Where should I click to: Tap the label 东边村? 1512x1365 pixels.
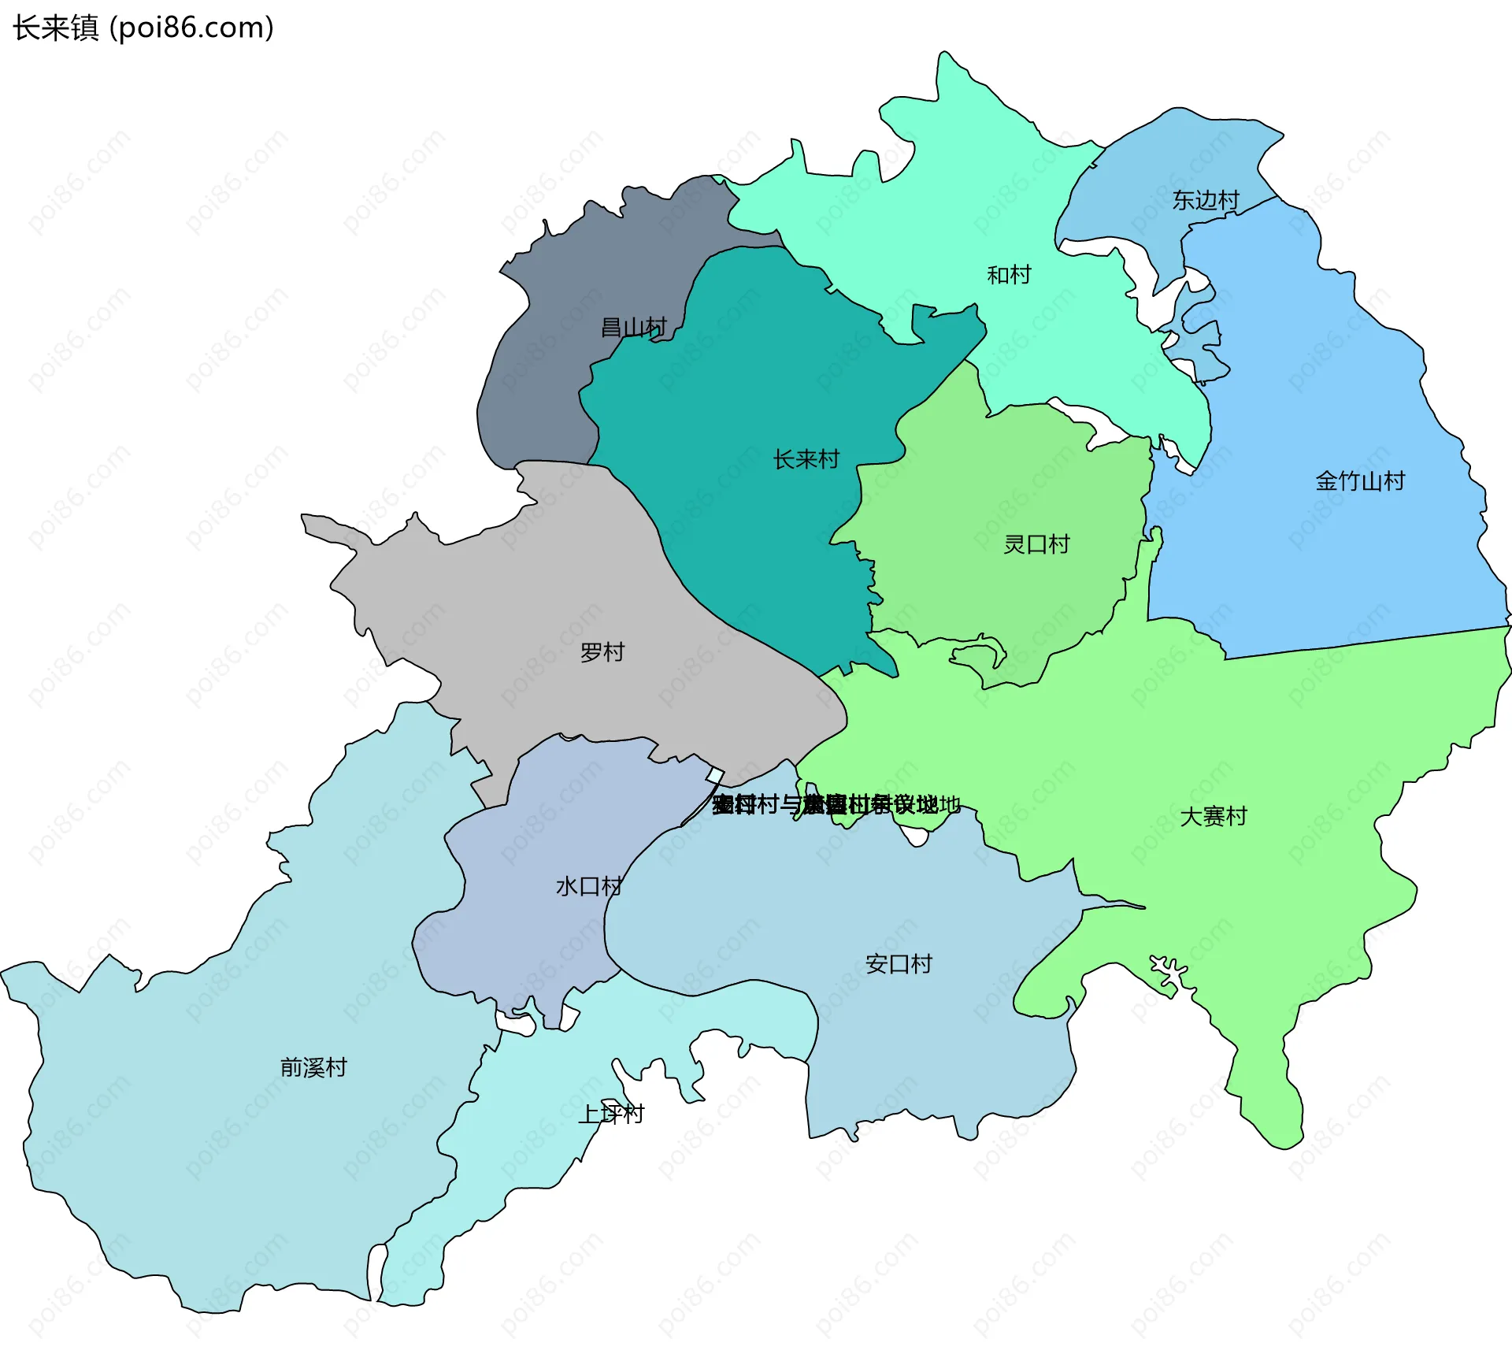tap(1205, 200)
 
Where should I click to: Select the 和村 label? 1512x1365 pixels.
tap(1009, 275)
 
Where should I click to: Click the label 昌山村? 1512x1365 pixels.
tap(633, 327)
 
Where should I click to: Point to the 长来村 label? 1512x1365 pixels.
tap(806, 459)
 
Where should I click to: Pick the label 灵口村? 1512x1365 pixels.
tap(1036, 544)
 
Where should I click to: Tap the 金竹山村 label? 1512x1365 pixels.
tap(1360, 480)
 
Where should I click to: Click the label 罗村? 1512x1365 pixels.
tap(602, 652)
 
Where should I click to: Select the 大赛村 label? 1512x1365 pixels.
tap(1214, 816)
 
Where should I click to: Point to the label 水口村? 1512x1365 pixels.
tap(589, 886)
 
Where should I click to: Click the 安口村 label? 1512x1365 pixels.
tap(899, 963)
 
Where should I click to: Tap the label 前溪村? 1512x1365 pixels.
tap(313, 1067)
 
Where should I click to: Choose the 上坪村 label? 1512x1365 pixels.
tap(611, 1114)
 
